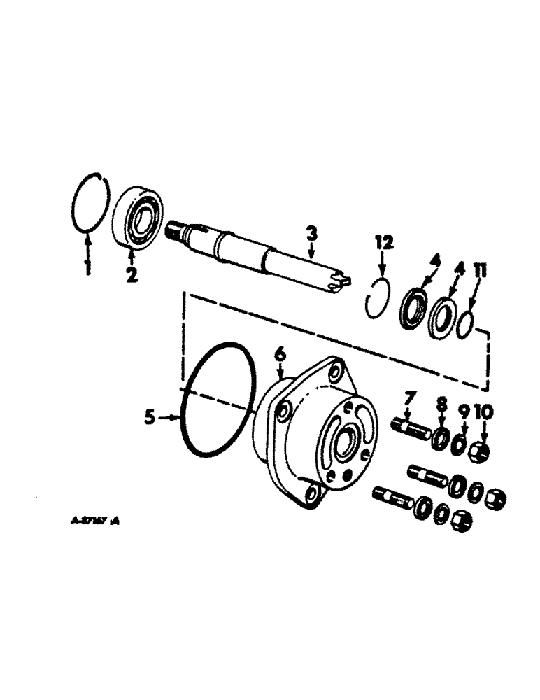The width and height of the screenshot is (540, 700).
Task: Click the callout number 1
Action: point(88,267)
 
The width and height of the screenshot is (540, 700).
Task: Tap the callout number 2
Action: point(132,274)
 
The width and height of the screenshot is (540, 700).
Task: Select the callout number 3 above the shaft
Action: point(312,233)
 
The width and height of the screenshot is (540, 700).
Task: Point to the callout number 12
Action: point(384,242)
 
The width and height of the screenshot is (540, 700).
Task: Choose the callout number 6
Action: point(280,356)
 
